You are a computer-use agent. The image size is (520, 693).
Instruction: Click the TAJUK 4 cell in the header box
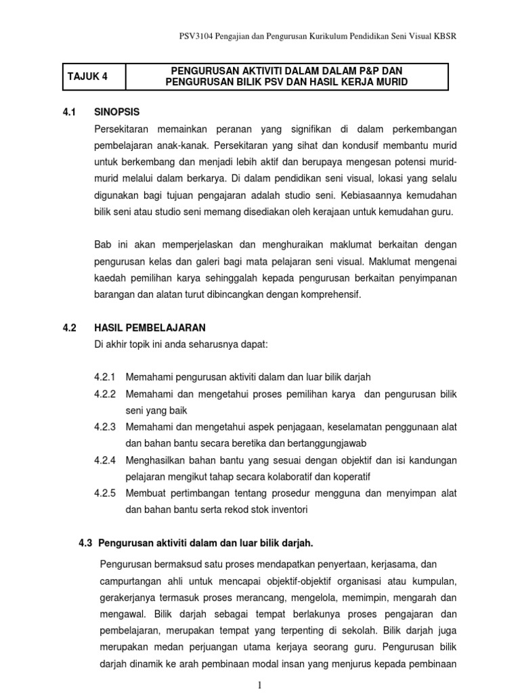(87, 76)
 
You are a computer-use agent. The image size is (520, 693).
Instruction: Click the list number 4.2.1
(106, 377)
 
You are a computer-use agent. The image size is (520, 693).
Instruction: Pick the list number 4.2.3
(106, 427)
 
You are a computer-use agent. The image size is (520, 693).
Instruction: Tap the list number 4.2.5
(106, 493)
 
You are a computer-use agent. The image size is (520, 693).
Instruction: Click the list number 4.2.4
(106, 460)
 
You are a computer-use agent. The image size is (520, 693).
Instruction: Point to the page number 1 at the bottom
(259, 686)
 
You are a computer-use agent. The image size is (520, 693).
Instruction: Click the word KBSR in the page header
(443, 36)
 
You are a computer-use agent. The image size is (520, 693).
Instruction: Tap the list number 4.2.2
(106, 394)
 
